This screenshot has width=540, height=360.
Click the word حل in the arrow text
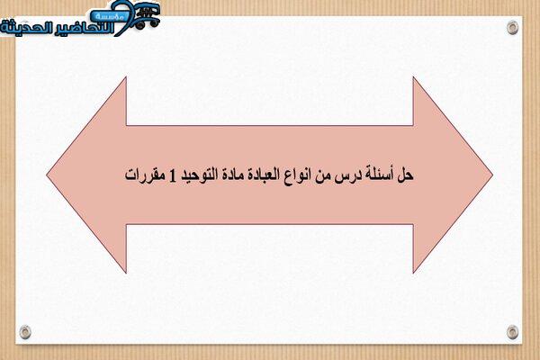click(x=405, y=175)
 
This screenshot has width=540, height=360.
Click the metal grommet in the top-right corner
click(x=512, y=28)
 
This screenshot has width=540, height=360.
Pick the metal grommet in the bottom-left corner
click(x=25, y=331)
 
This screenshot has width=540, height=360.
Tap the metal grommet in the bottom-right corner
click(x=512, y=332)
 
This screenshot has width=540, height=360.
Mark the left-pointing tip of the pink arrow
click(x=47, y=175)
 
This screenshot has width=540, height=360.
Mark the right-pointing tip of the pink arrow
click(x=493, y=175)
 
